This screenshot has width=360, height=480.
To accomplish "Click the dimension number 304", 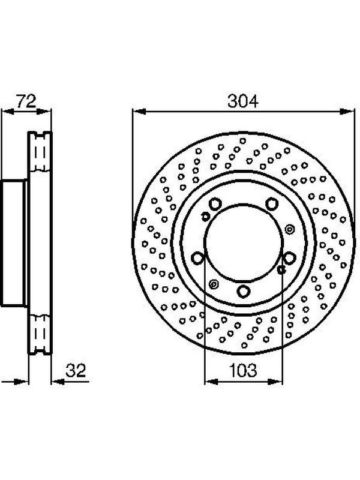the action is [243, 101].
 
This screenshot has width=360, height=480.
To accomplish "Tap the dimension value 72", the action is [26, 101].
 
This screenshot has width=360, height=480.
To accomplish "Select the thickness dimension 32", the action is [76, 370].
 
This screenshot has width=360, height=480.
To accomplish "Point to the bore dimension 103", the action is [243, 370].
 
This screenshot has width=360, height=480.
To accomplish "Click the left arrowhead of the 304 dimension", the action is [139, 112].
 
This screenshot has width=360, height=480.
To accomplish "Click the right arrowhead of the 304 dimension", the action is [348, 112].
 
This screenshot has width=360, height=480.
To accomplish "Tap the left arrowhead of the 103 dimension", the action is [211, 382].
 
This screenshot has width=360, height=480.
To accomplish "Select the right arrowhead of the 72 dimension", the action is [43, 112].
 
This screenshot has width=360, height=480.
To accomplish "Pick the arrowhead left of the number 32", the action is [57, 382].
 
